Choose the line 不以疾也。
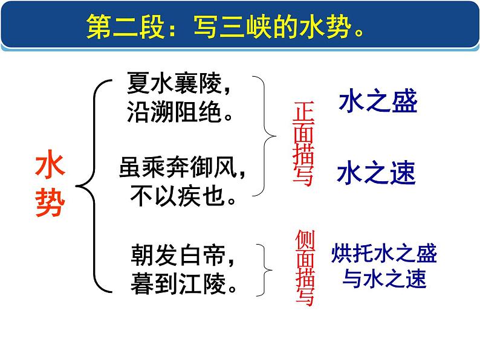[181, 195]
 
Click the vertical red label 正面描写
[302, 143]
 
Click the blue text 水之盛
[378, 102]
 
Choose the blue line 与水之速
[384, 278]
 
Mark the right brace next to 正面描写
[267, 136]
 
